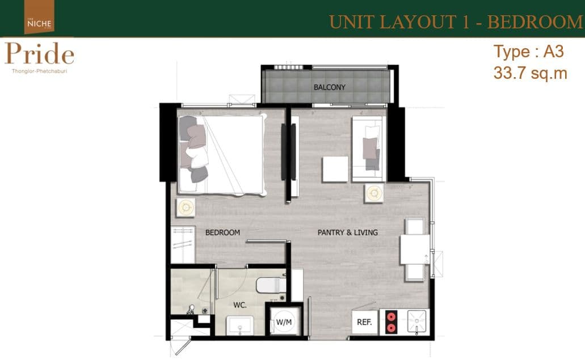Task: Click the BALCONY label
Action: tap(330, 87)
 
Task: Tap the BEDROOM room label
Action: tap(222, 232)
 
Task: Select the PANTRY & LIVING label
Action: tap(347, 232)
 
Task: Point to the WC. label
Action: tap(239, 305)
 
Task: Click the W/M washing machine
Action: tap(284, 322)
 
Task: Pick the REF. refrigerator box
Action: tap(365, 322)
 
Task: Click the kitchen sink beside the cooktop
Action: tap(416, 321)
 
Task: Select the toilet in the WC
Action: tap(271, 285)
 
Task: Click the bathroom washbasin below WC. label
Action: tap(240, 325)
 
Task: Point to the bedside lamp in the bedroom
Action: tap(186, 207)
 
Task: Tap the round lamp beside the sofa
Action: tap(374, 193)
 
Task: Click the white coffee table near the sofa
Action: tap(335, 169)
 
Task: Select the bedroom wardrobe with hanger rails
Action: tap(183, 244)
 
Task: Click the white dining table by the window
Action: tap(415, 249)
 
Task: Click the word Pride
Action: tap(40, 53)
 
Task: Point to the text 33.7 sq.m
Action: tap(530, 73)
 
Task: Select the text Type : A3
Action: tap(528, 52)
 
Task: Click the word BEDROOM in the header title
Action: tap(536, 22)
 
